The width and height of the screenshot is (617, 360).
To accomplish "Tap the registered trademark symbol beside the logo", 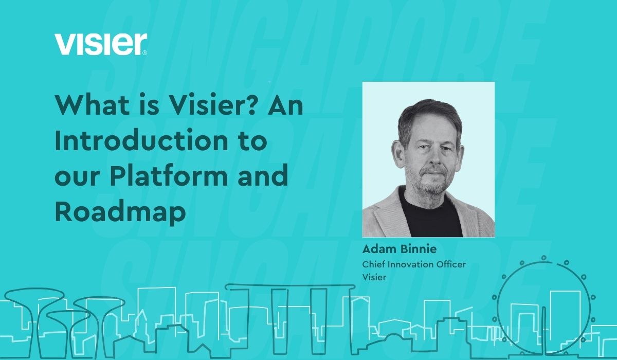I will coord(145,52).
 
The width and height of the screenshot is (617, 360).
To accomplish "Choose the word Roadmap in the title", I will coord(120,211).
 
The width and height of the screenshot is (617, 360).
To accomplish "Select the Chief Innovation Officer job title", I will coord(414,264).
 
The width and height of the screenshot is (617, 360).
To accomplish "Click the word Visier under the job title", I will coord(374,277).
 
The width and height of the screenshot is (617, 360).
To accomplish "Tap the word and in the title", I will coord(267,176).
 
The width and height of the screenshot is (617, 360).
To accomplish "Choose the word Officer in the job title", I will coord(450,264).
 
